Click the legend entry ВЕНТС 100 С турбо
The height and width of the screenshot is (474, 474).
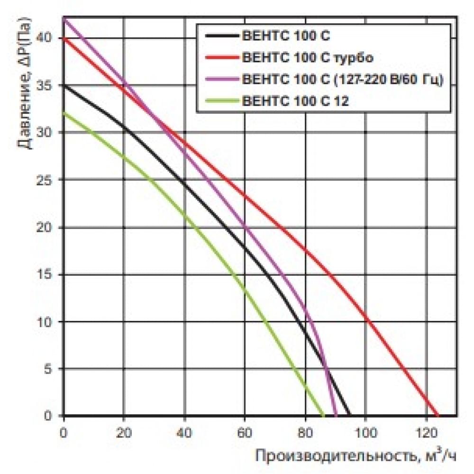[308, 58]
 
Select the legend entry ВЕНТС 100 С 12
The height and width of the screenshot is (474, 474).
[295, 100]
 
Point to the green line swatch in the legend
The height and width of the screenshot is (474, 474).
[221, 100]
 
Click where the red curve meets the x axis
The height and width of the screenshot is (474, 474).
[438, 415]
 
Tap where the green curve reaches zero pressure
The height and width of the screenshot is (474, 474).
[324, 415]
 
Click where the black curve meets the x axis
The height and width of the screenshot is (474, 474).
[350, 415]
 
